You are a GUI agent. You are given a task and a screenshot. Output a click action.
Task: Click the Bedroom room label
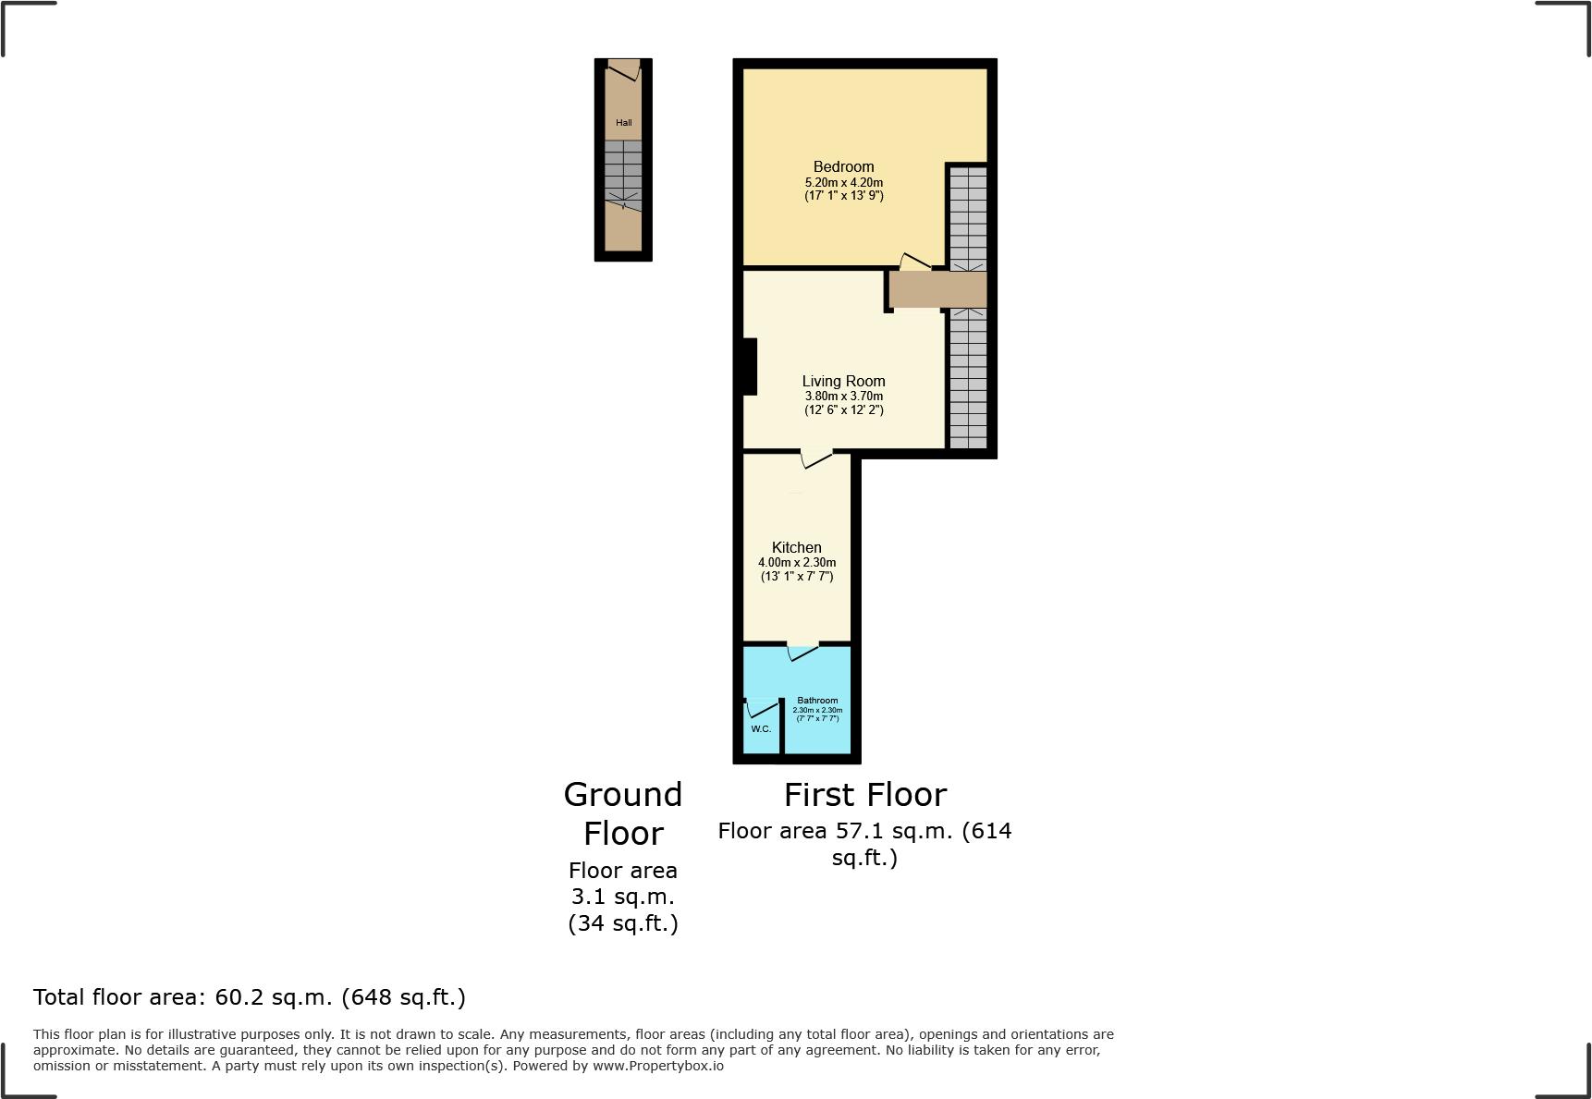(843, 166)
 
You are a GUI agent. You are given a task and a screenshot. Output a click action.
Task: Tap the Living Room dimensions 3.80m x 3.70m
(843, 396)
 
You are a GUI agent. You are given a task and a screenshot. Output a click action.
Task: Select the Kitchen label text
(796, 547)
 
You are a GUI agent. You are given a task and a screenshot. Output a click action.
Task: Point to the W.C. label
(761, 729)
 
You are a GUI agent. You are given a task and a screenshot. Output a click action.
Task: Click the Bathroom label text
(817, 701)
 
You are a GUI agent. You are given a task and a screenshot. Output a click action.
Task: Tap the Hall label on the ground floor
(624, 123)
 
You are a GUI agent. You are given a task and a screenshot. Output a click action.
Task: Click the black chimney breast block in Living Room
(749, 367)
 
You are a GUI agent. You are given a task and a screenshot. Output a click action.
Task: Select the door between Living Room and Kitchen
(816, 458)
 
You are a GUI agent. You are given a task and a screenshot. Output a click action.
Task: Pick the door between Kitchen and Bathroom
(802, 653)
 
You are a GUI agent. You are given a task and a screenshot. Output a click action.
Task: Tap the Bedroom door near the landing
(915, 262)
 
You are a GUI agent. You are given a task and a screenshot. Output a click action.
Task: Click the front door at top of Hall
(624, 69)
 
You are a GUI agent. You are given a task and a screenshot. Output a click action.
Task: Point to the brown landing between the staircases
(937, 289)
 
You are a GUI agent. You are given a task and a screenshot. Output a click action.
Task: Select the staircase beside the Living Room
(968, 379)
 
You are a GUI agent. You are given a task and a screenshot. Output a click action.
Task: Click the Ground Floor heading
(623, 813)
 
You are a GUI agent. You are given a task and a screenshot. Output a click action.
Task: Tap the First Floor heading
(865, 795)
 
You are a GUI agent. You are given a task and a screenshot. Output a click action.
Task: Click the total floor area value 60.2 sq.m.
(274, 997)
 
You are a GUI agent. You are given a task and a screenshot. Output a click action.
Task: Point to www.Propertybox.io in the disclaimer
(657, 1066)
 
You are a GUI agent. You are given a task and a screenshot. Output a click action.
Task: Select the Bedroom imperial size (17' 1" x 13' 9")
(843, 196)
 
